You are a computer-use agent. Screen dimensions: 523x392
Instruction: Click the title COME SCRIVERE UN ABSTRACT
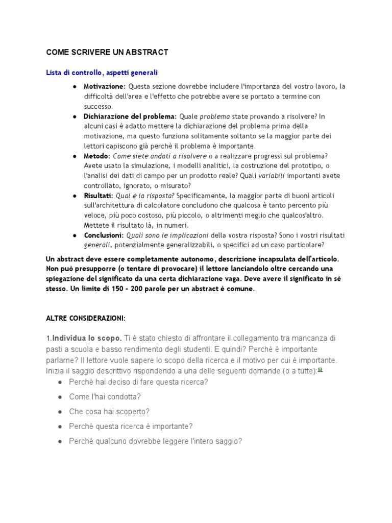tap(107, 52)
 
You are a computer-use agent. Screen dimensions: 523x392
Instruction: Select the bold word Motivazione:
tap(105, 86)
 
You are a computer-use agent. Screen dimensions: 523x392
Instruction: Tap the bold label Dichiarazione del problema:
tap(130, 116)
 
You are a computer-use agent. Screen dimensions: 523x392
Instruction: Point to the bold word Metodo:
tap(97, 156)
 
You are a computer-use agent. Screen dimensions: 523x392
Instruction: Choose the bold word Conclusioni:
tap(104, 235)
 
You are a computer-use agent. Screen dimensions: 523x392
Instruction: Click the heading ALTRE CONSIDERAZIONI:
tap(86, 318)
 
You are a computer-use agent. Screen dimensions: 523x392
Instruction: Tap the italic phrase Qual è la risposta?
tap(145, 196)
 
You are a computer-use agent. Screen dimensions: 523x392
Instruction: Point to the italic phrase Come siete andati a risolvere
tap(159, 156)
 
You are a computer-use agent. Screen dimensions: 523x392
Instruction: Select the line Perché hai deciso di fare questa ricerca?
tap(138, 382)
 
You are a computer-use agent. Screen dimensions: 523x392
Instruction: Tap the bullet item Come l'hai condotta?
tap(105, 397)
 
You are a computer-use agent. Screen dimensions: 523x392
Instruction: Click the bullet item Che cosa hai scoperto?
tap(109, 412)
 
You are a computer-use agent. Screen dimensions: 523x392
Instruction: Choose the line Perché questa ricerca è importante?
tap(131, 426)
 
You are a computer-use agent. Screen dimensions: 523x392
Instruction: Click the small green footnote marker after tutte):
tap(320, 369)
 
